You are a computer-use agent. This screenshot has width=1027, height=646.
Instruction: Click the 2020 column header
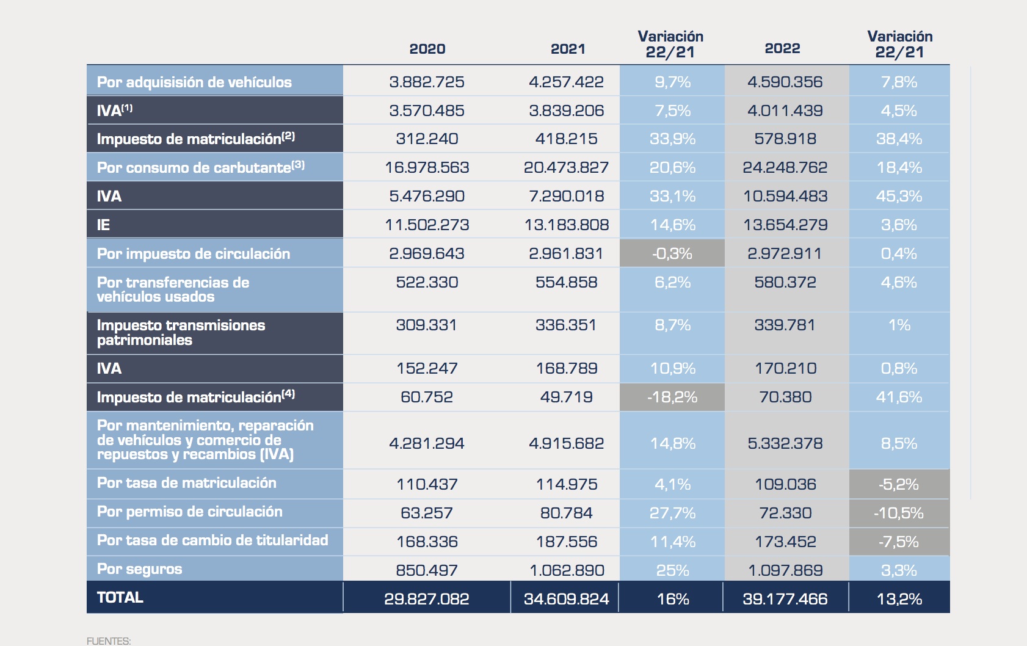427,49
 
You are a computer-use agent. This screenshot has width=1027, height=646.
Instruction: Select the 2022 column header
782,49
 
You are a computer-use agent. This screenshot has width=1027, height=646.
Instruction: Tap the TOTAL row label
120,597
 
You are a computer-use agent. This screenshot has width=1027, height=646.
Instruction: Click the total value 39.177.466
785,599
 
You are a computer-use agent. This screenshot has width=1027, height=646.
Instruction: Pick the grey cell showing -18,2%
672,397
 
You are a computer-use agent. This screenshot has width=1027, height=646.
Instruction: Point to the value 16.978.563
427,167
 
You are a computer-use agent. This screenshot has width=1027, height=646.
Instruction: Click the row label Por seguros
140,569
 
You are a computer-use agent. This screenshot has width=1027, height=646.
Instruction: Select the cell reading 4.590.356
785,82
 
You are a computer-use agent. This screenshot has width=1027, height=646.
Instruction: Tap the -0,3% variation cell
672,253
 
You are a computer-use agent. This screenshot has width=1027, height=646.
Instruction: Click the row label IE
104,225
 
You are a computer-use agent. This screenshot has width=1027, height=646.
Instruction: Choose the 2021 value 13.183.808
567,225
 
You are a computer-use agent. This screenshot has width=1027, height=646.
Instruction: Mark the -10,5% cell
899,513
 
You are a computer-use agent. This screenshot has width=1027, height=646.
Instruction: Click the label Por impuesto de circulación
194,253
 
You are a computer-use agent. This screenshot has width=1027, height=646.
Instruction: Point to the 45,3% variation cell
899,196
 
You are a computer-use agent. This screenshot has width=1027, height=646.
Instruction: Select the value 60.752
427,397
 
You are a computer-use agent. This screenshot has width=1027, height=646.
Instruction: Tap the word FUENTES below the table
109,641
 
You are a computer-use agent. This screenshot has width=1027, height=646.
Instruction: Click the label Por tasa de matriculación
187,483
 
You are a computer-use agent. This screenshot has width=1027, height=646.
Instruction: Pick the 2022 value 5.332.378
785,443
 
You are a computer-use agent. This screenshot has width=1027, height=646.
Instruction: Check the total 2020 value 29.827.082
427,599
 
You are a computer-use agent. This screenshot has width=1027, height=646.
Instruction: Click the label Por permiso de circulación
190,512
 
